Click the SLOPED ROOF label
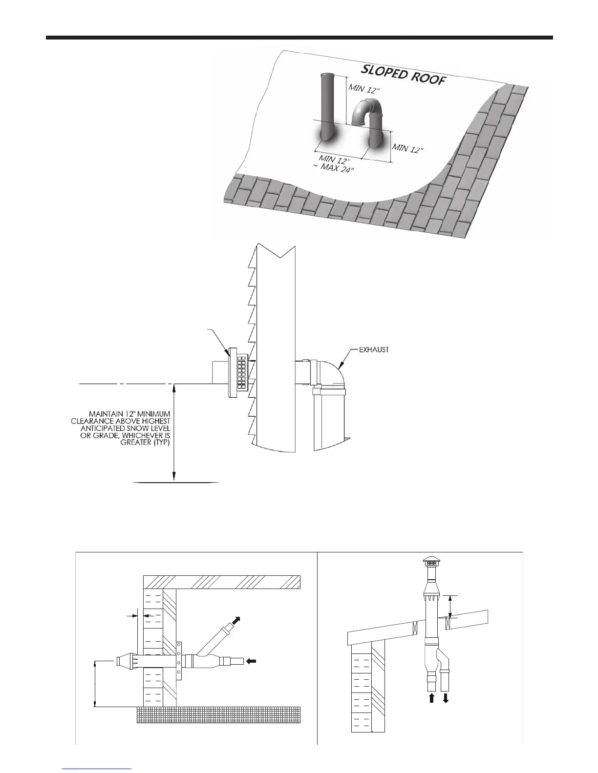point(404,75)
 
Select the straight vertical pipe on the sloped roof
point(327,105)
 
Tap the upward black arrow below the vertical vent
point(431,698)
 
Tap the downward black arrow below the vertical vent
point(446,698)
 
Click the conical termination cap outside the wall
point(124,662)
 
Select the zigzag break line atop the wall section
point(274,251)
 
